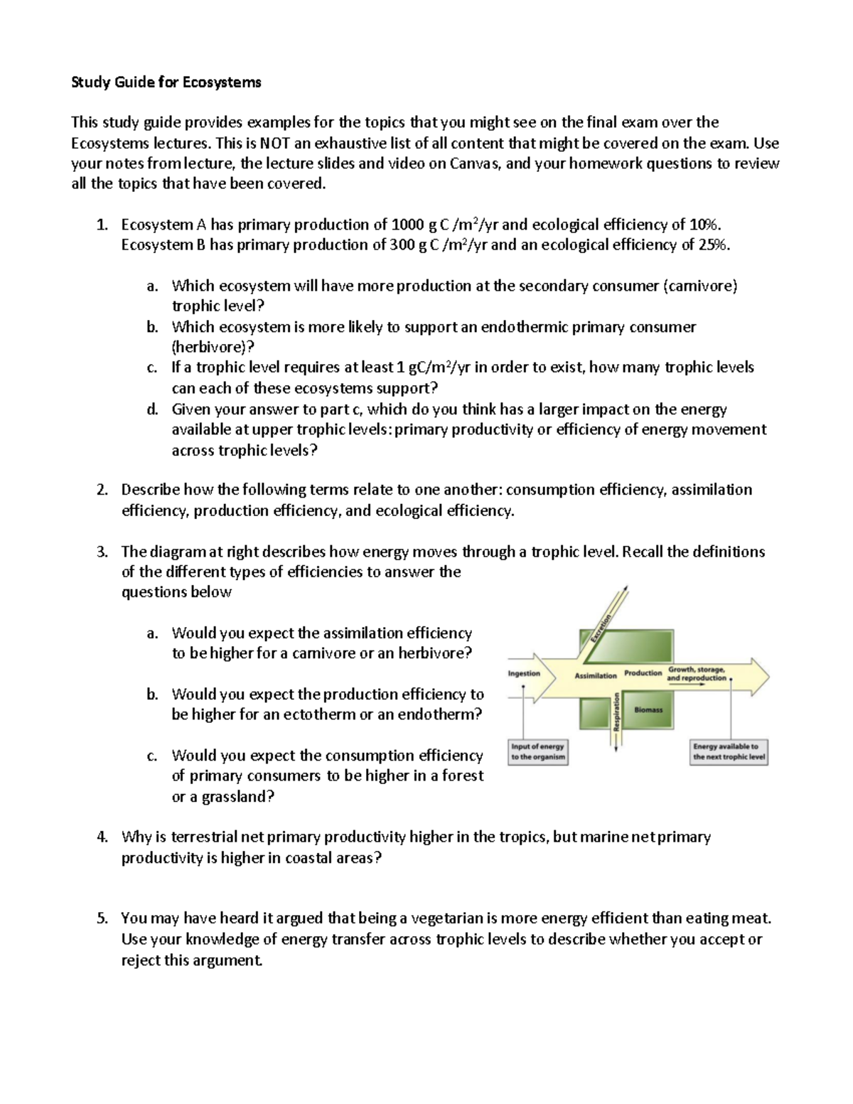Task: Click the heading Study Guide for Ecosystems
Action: [166, 82]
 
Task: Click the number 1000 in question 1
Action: [408, 225]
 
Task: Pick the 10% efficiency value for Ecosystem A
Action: [704, 225]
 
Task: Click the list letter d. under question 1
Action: [151, 409]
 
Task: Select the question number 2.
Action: [102, 490]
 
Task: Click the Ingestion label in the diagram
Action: [524, 673]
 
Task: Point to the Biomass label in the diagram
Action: [648, 709]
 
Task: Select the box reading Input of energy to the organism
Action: [538, 751]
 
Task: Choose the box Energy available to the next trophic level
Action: [729, 751]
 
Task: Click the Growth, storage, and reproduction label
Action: [697, 674]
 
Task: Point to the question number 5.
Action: [102, 918]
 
